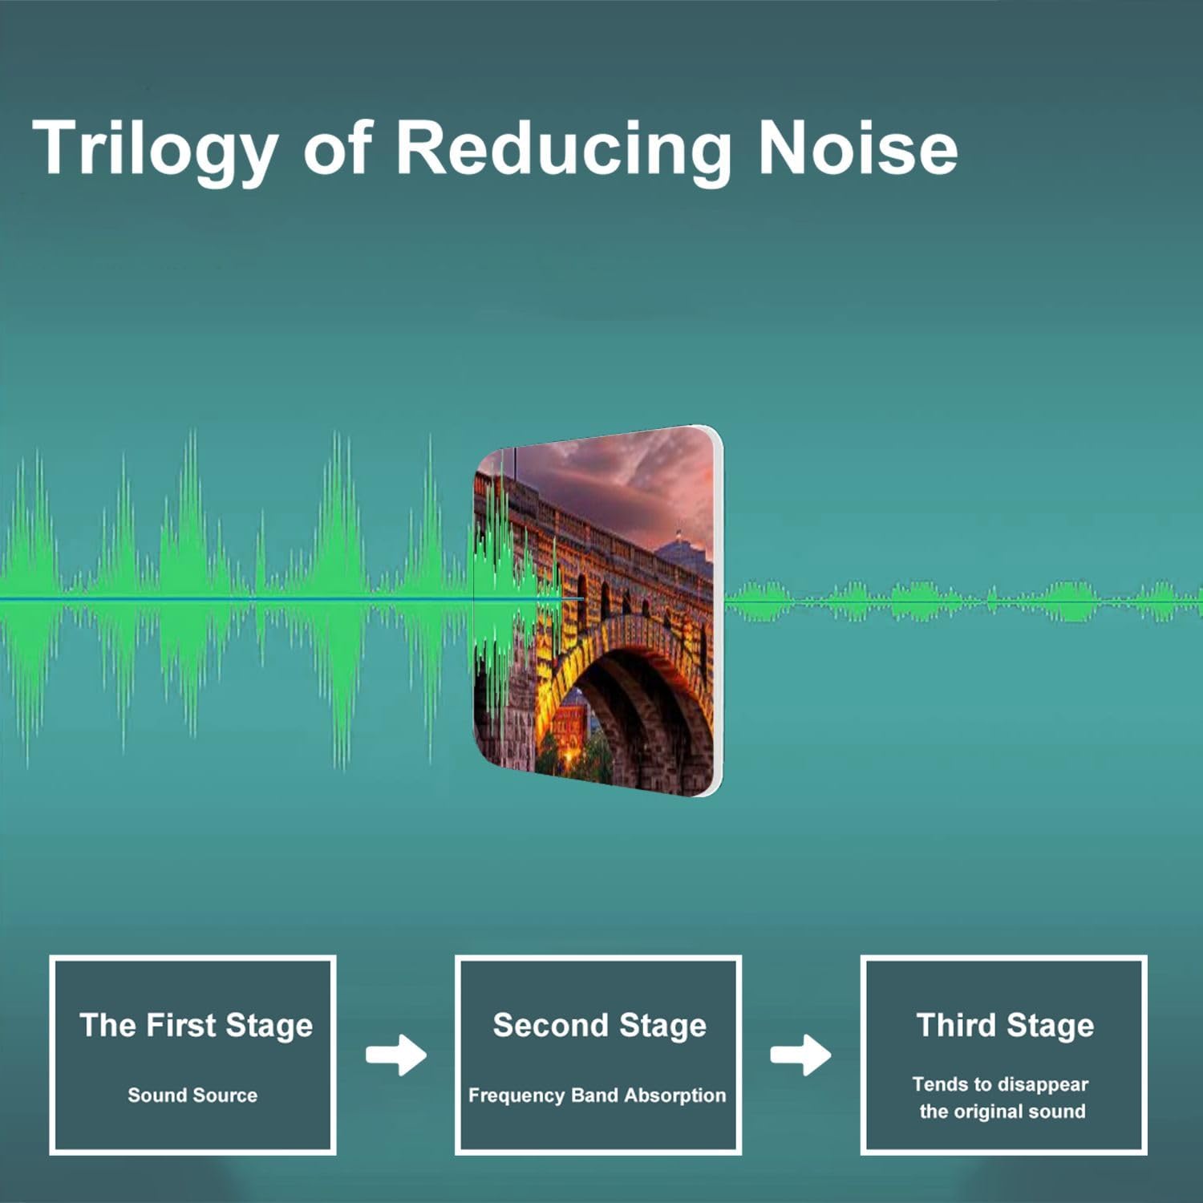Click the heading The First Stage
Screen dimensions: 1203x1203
coord(196,1027)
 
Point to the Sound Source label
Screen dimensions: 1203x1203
coord(192,1095)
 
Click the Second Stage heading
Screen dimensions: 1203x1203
coord(599,1027)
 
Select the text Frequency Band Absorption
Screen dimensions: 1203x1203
coord(597,1096)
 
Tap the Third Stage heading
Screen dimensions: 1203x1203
coord(1005,1027)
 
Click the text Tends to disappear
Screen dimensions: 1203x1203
coord(1000,1084)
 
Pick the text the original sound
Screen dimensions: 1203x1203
coord(1003,1112)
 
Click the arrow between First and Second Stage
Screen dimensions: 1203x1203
coord(396,1055)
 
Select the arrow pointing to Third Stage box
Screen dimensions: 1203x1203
coord(800,1055)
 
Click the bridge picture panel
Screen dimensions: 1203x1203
coord(598,611)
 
